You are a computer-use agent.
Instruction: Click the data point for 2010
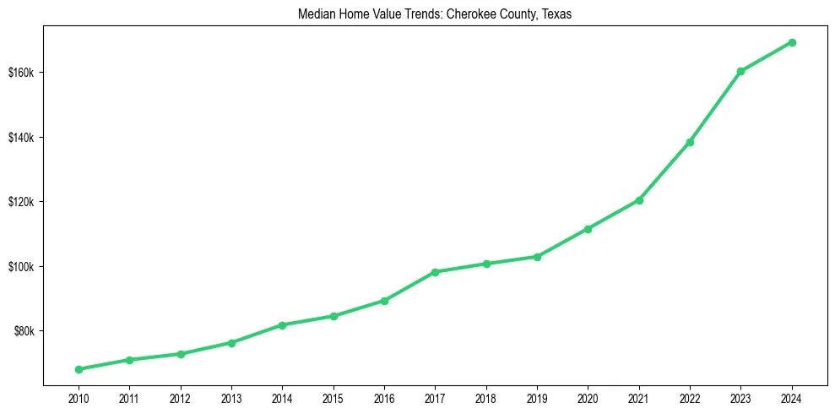[79, 369]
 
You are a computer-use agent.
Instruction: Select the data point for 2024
[792, 42]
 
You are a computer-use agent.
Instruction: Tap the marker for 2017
[435, 272]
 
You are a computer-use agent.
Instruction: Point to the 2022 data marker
[690, 142]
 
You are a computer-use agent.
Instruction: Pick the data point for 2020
[588, 229]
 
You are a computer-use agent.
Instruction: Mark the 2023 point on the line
[740, 71]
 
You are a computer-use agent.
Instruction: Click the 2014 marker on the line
[282, 324]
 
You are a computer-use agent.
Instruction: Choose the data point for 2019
[537, 257]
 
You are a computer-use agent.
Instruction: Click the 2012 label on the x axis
[180, 397]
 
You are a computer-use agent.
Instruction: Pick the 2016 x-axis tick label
[384, 397]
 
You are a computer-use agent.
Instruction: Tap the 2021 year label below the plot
[639, 397]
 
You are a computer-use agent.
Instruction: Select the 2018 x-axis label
[486, 397]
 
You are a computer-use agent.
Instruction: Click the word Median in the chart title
[316, 15]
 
